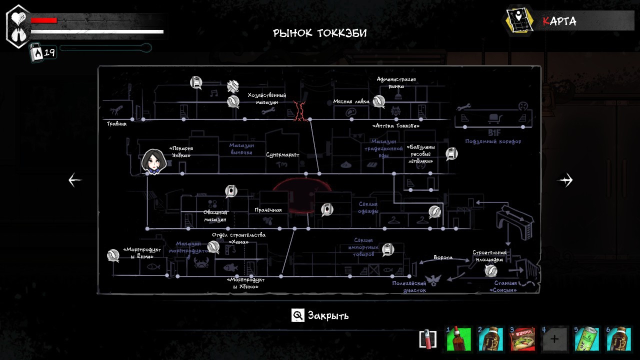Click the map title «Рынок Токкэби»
[320, 33]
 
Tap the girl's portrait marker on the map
[153, 161]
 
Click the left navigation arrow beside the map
[75, 180]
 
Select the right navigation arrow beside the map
[565, 180]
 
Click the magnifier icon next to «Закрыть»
[298, 315]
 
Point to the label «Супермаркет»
[282, 155]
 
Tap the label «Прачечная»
[268, 210]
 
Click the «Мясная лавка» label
[351, 101]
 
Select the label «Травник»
[116, 124]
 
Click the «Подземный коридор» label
[493, 141]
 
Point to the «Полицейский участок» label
[409, 286]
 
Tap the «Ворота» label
[443, 257]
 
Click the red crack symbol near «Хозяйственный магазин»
[300, 111]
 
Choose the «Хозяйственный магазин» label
[266, 98]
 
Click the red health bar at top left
[44, 20]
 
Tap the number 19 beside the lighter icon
[49, 52]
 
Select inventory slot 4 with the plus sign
[554, 339]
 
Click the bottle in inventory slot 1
[458, 339]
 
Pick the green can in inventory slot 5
[586, 339]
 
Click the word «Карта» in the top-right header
[559, 21]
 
